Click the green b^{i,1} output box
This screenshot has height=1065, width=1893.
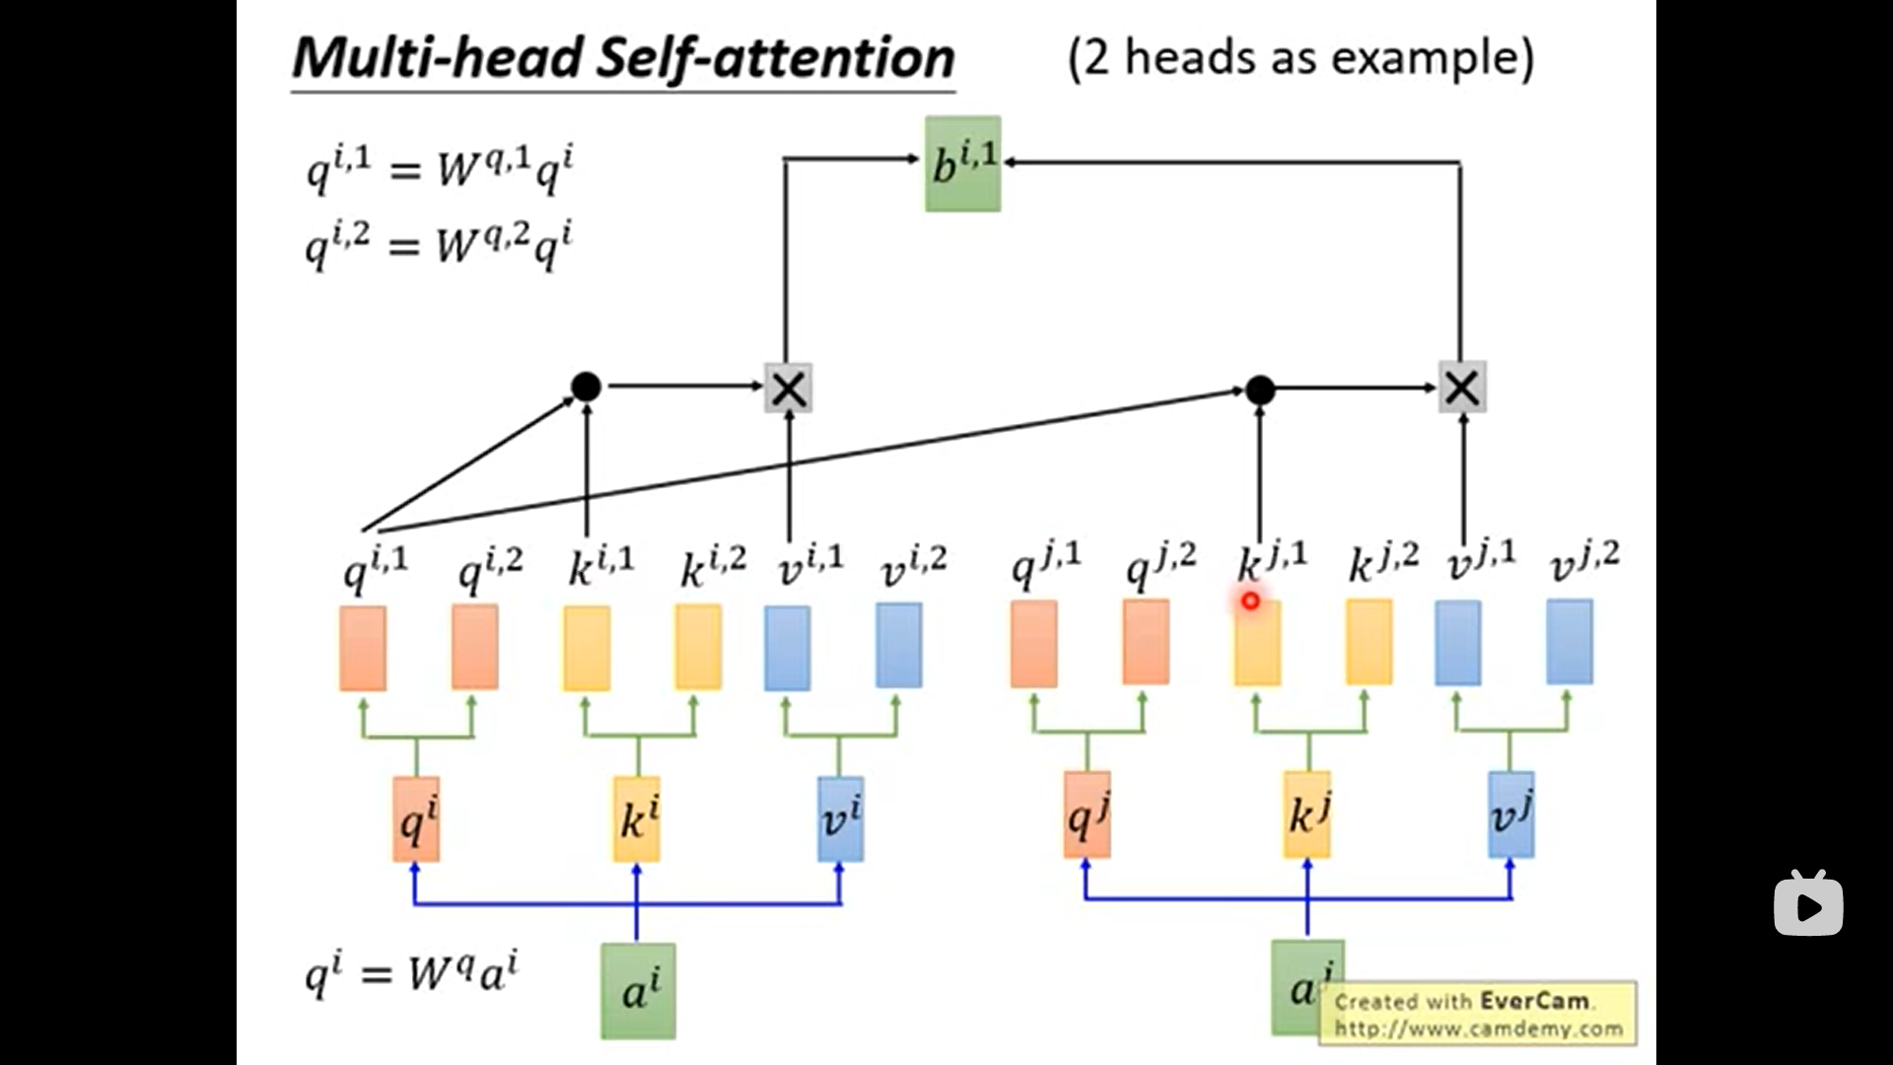962,164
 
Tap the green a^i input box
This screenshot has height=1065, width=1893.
639,990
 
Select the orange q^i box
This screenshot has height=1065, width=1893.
416,818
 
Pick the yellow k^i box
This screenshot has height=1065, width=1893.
637,818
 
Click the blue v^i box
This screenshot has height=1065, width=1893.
841,818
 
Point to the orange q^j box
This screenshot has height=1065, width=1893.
1087,815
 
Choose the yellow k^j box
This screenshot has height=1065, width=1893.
1307,815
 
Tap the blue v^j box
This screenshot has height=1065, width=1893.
1511,815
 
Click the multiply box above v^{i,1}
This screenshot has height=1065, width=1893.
789,388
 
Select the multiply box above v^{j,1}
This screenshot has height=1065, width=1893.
1462,387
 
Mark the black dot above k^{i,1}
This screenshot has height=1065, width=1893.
586,387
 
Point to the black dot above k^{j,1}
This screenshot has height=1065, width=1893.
1260,390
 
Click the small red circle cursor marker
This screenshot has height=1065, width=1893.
1250,600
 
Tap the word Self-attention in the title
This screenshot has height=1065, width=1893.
775,58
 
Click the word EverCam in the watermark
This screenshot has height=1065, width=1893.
1535,1001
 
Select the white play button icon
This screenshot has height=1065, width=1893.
1808,902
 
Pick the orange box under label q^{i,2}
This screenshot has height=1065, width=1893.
475,647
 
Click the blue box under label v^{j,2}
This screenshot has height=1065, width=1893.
1570,642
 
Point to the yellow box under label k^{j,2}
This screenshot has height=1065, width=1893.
1369,642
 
